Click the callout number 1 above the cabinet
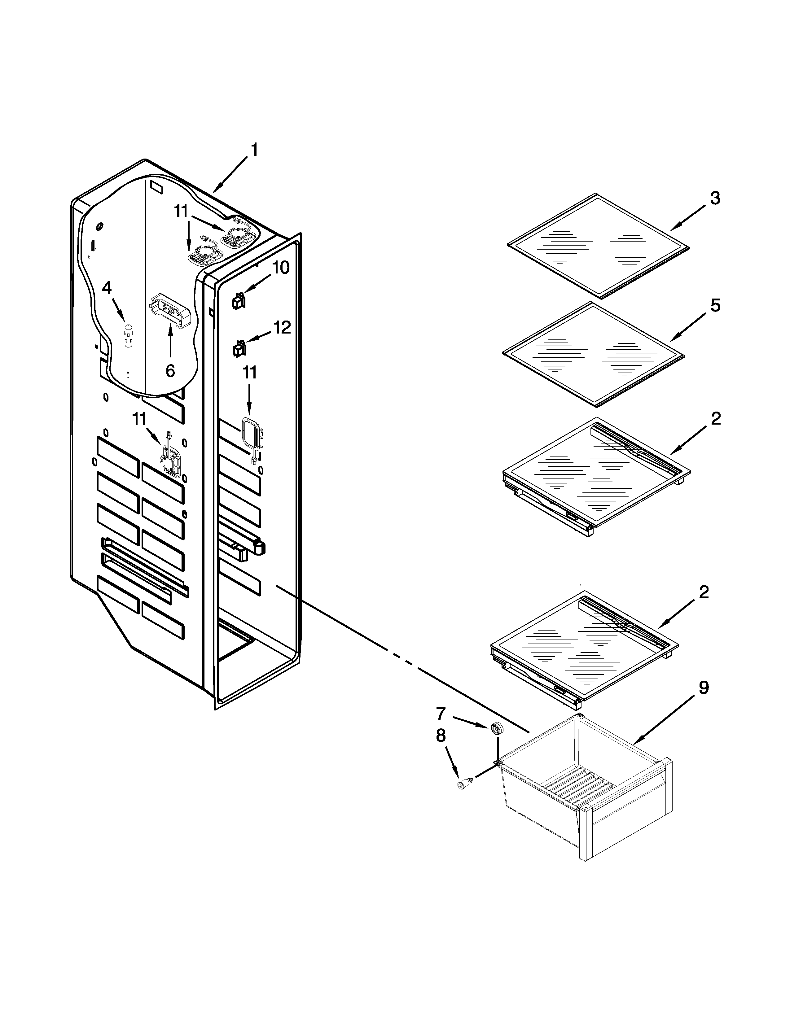coord(254,150)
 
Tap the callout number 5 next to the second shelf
coord(715,306)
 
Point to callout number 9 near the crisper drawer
coord(704,688)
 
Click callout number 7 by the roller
coord(441,714)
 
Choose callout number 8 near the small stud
coord(441,736)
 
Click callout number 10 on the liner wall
coord(281,268)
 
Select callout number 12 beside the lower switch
coord(282,328)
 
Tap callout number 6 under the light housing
coord(170,371)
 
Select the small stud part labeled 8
coord(464,784)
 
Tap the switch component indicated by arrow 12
coord(239,349)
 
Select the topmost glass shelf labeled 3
coord(599,245)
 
